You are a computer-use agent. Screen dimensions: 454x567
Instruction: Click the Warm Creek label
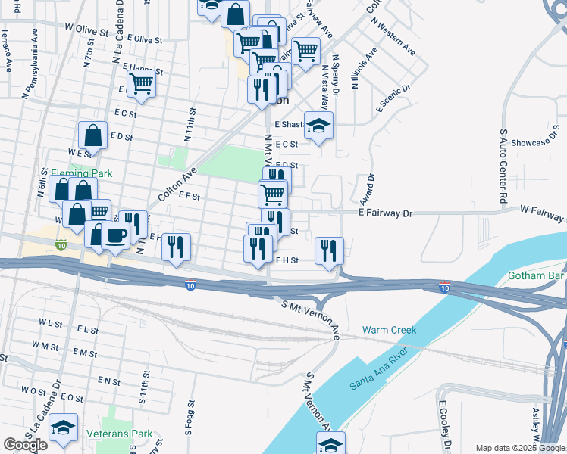390,330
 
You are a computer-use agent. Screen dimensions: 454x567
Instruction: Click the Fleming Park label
81,173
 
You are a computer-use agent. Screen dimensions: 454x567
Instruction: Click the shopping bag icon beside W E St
92,136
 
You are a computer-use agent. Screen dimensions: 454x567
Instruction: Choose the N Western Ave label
394,35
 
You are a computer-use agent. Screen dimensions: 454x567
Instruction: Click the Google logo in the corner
25,445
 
